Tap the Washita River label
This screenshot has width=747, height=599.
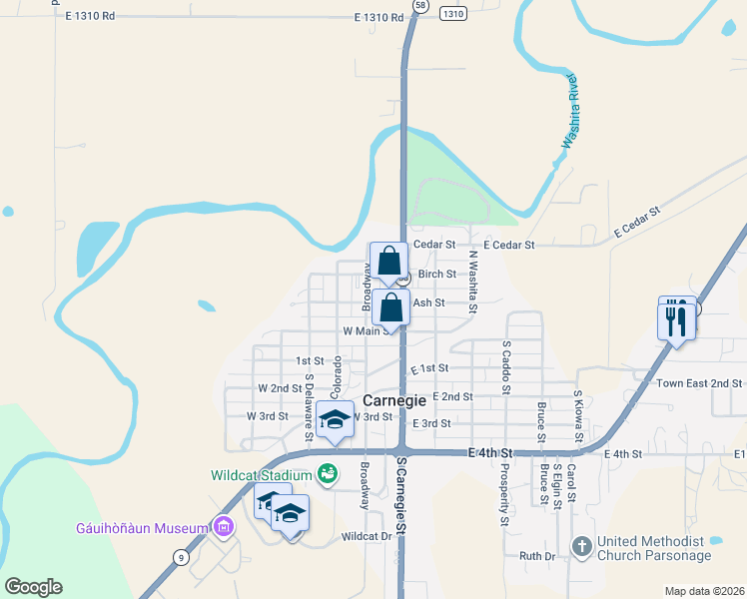coord(570,111)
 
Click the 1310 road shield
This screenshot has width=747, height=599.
coord(452,14)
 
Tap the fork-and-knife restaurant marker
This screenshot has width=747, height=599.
coord(676,318)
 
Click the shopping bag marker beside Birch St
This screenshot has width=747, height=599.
coord(388,264)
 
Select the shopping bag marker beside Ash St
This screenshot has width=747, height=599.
coord(392,308)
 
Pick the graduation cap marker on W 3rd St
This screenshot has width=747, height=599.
coord(336,420)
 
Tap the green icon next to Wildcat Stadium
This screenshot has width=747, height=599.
coord(326,474)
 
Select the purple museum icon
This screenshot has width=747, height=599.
coord(223,527)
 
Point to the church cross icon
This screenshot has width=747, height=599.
coord(583,547)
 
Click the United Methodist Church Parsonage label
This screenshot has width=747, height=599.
coord(654,548)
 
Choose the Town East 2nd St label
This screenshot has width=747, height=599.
coord(699,383)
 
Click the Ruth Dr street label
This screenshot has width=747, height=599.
coord(536,555)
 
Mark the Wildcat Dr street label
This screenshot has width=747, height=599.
coord(366,536)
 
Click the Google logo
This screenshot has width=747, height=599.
coord(33,587)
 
